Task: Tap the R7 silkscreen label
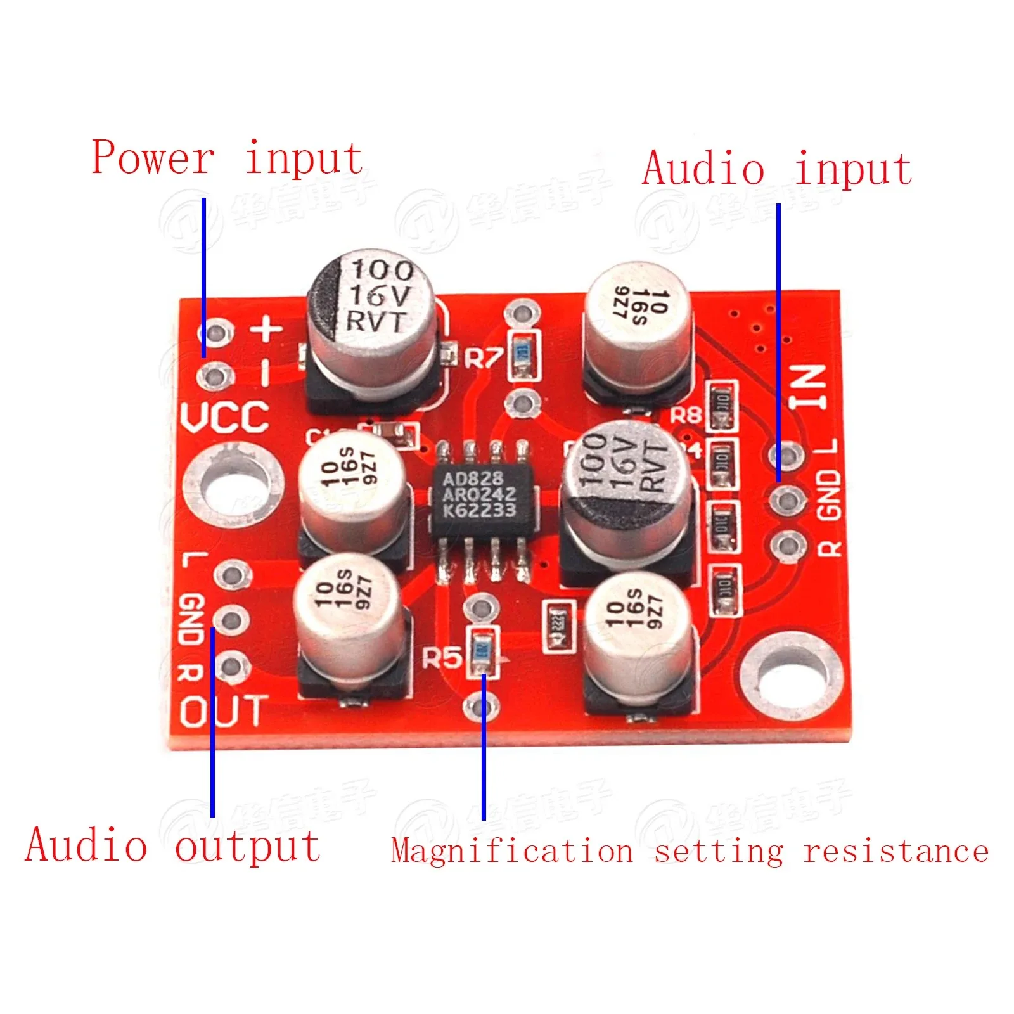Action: coord(483,358)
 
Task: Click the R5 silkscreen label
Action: coord(442,658)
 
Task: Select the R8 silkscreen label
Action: coord(686,415)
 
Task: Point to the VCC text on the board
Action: coord(224,418)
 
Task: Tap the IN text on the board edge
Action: coord(809,386)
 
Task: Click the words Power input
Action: coord(227,158)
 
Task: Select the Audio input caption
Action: coord(777,169)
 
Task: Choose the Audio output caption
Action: coord(172,846)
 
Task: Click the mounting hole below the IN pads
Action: coord(791,677)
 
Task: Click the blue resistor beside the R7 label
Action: coord(523,356)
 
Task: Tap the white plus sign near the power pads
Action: coord(267,329)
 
